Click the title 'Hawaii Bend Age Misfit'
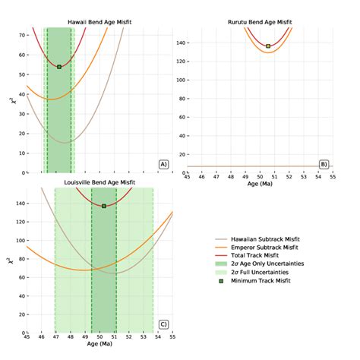tap(99, 24)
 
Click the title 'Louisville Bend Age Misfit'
tap(99, 183)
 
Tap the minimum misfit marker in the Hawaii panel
tap(59, 67)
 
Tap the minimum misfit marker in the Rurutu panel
tap(268, 46)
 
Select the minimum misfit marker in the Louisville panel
tap(104, 206)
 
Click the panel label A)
tap(163, 164)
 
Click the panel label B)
tap(324, 164)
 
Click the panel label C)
tap(163, 324)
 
